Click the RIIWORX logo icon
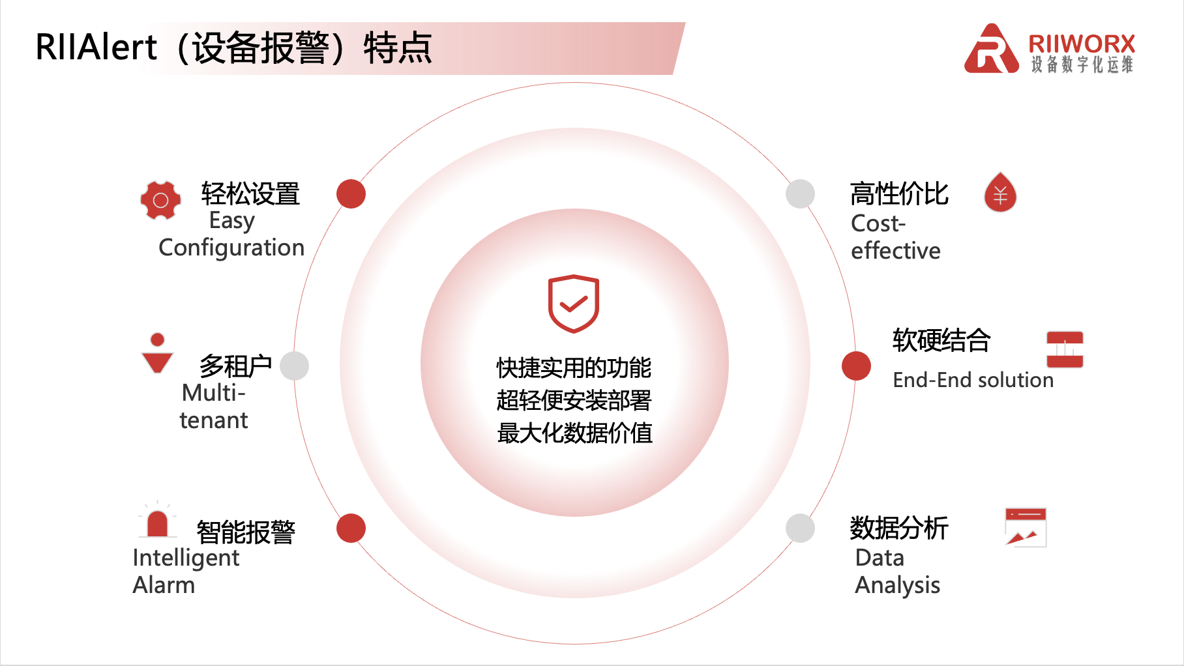991,49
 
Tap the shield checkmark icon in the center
574,304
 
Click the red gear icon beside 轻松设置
160,200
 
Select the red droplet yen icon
1000,192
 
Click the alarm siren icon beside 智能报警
157,519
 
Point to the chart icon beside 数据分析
1026,527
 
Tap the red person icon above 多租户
157,353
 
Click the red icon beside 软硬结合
1065,349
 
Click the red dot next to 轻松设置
351,194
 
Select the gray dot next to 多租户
294,366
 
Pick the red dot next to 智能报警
351,528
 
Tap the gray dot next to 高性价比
800,194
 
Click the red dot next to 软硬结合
856,366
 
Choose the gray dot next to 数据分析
800,528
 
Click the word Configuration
231,248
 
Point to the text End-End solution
973,380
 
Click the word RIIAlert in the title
96,47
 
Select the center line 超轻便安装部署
574,400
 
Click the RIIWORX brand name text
1082,44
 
